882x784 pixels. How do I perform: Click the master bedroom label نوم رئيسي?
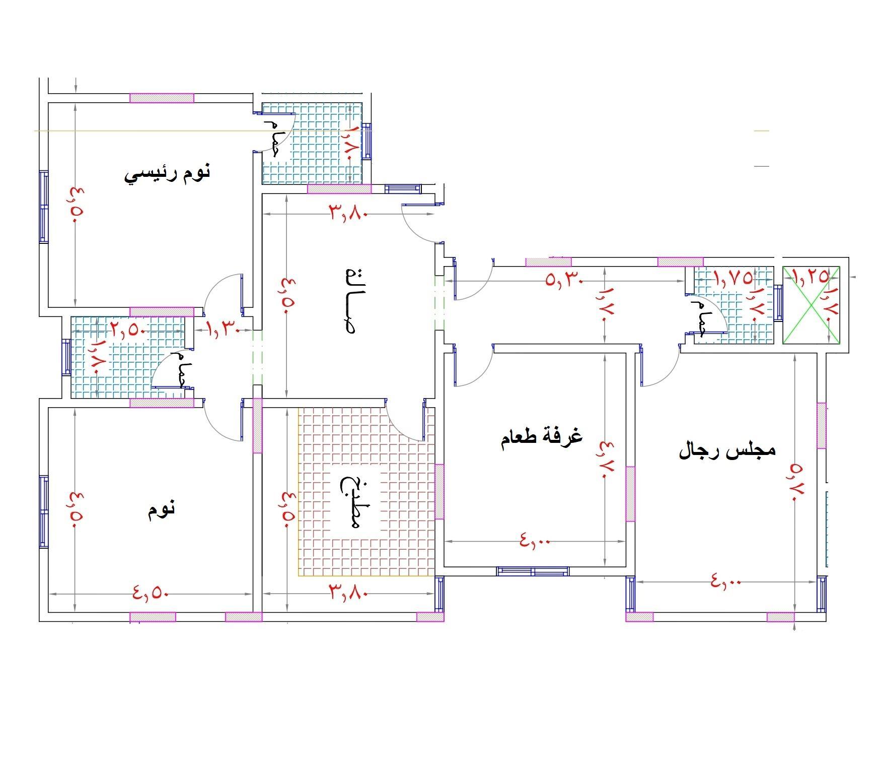(x=167, y=174)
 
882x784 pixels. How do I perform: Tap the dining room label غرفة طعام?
(x=541, y=437)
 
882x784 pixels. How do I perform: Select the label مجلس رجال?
(x=727, y=450)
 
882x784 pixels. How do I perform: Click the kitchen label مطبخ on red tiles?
(x=351, y=502)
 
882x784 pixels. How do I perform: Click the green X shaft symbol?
(x=811, y=305)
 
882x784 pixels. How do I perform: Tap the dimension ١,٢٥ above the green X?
(x=810, y=276)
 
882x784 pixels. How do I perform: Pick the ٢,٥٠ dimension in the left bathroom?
(x=128, y=331)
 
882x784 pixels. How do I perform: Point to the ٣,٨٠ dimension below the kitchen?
(x=349, y=592)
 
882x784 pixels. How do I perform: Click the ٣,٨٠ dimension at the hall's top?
(x=349, y=212)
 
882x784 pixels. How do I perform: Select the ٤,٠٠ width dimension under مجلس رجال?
(x=726, y=581)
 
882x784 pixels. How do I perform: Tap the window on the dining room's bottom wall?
(x=533, y=571)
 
